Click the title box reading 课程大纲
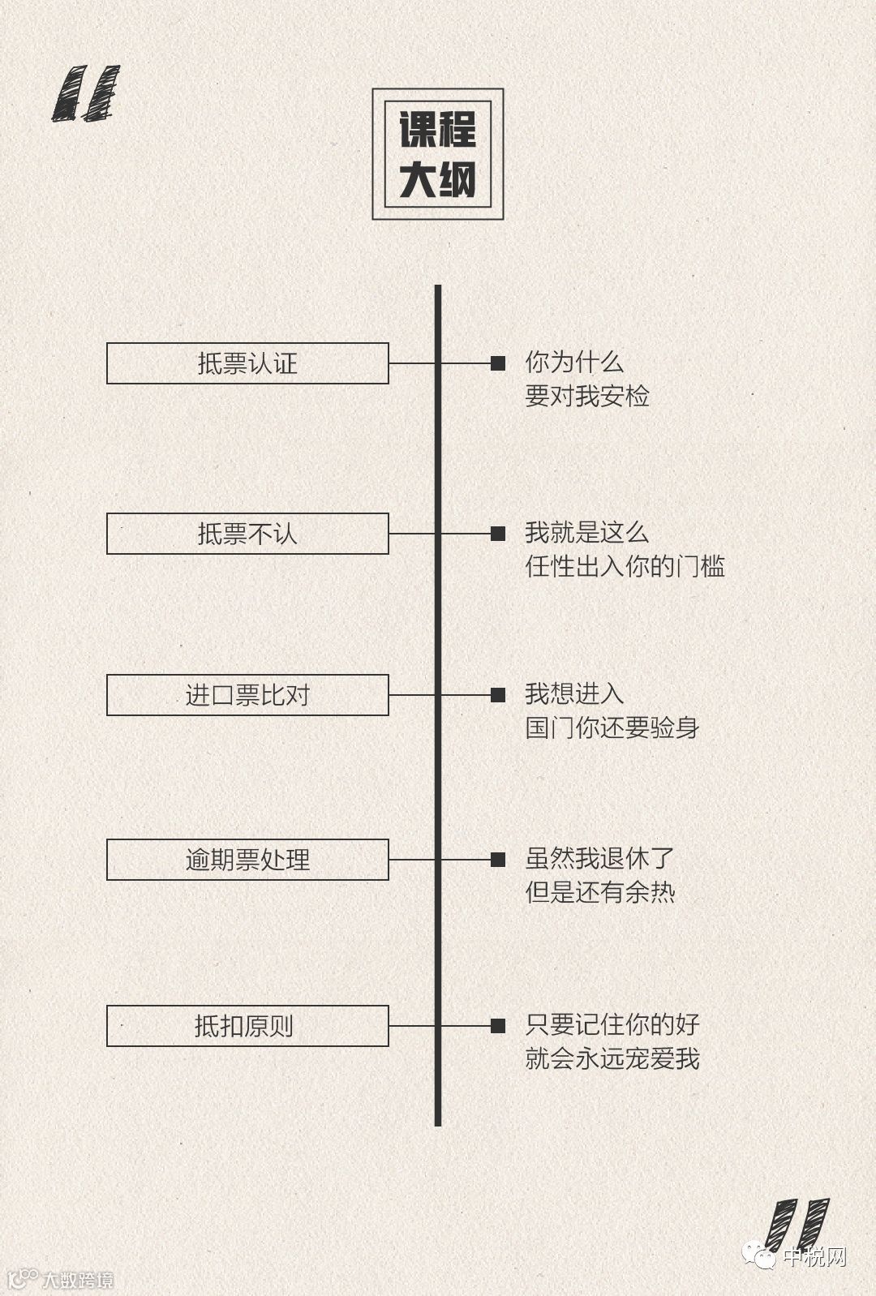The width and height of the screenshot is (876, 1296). [438, 154]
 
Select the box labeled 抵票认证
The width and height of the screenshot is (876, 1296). [247, 363]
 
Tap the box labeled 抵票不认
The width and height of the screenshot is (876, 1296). [247, 534]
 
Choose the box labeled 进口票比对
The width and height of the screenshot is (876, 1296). [247, 695]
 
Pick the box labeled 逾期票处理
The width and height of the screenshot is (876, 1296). [247, 860]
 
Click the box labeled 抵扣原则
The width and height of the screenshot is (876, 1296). [247, 1026]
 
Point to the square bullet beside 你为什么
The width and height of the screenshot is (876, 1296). [498, 363]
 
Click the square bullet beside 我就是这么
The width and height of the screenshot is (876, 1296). [498, 534]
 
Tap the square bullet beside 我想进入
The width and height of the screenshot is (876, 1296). [498, 695]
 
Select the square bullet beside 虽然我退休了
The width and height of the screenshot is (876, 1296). [498, 860]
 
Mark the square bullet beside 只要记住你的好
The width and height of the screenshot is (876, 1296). [498, 1026]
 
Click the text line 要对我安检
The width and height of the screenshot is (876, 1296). [587, 397]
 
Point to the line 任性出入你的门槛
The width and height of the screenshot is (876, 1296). [625, 566]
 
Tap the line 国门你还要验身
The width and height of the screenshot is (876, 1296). [612, 727]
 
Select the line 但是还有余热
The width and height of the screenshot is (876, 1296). [600, 893]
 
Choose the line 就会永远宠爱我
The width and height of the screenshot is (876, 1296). [612, 1059]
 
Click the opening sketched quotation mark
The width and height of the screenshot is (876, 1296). [86, 93]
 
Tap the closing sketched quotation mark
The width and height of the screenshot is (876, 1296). [797, 1225]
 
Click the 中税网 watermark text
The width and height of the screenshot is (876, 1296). [814, 1258]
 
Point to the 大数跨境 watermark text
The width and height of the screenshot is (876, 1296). [77, 1281]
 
